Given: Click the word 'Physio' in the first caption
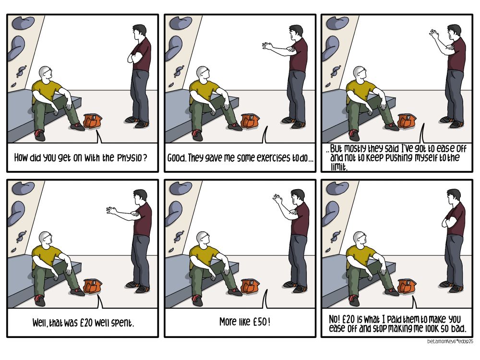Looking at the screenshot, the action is pyautogui.click(x=130, y=158).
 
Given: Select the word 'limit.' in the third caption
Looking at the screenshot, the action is pyautogui.click(x=339, y=167).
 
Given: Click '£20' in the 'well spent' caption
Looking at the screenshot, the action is pyautogui.click(x=86, y=323).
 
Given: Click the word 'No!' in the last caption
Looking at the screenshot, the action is pyautogui.click(x=334, y=319).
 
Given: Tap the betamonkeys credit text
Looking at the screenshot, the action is pyautogui.click(x=450, y=341).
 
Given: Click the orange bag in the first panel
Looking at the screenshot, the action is pyautogui.click(x=93, y=121).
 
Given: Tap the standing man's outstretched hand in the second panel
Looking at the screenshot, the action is pyautogui.click(x=267, y=46).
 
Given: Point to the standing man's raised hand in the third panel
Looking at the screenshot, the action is pyautogui.click(x=434, y=34).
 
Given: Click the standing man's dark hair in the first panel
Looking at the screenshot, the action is pyautogui.click(x=140, y=29).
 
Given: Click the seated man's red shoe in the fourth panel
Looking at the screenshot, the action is pyautogui.click(x=39, y=300).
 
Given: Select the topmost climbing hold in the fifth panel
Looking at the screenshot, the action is pyautogui.click(x=180, y=187).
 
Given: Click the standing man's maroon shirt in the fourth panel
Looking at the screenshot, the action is pyautogui.click(x=143, y=219).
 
